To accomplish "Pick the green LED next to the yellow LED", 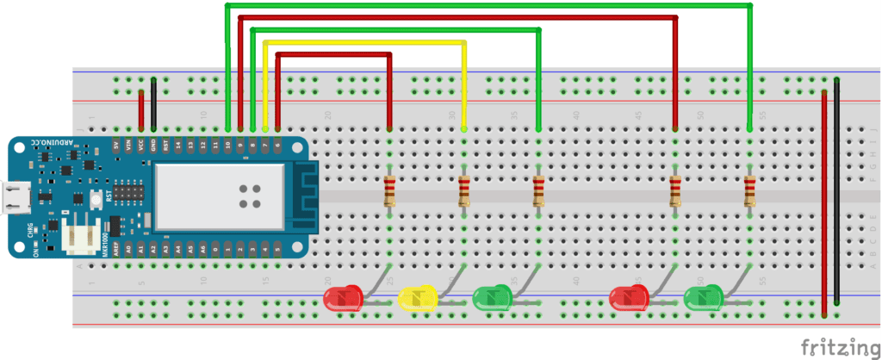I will (x=492, y=299).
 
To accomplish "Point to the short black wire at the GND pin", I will (x=153, y=103).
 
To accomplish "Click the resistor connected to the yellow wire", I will (x=464, y=190).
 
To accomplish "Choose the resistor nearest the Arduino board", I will (x=389, y=190).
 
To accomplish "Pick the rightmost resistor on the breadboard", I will (x=749, y=190).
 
